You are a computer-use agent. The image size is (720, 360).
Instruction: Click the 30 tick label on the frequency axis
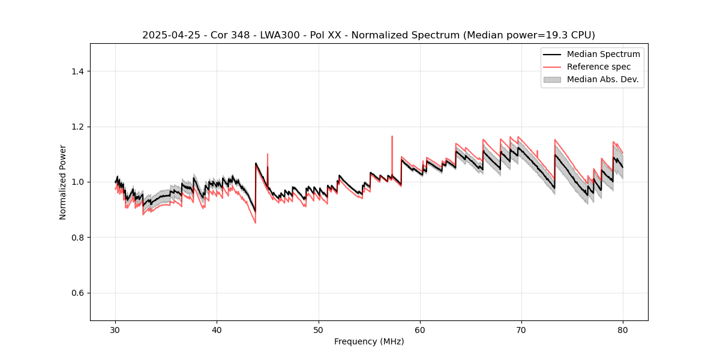[x=116, y=330]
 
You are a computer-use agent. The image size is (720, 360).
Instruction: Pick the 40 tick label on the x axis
[x=217, y=330]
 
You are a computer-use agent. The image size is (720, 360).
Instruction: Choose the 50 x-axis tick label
[x=319, y=330]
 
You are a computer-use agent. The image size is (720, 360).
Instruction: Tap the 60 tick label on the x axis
[x=420, y=330]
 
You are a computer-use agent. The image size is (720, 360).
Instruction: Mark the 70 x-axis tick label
[x=521, y=330]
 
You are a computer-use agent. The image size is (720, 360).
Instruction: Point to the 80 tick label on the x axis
[x=623, y=330]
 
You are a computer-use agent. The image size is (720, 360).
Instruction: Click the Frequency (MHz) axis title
[x=369, y=341]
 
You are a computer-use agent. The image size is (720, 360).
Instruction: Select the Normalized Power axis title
[x=63, y=182]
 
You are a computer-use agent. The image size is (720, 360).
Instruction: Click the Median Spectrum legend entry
[x=603, y=54]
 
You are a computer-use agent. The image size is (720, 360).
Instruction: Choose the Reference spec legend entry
[x=598, y=67]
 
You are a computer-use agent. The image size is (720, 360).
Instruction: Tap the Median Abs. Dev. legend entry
[x=602, y=79]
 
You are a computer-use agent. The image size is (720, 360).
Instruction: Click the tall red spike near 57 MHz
[x=392, y=138]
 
